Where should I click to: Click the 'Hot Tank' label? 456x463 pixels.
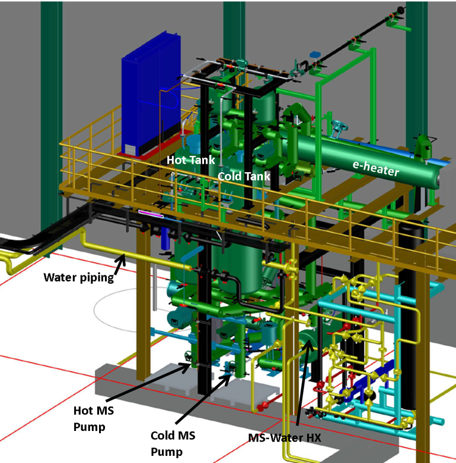(x=191, y=160)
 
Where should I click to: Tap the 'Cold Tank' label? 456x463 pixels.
(x=244, y=176)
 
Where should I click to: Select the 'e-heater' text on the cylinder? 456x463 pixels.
(x=376, y=169)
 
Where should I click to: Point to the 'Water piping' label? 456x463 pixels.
(x=78, y=278)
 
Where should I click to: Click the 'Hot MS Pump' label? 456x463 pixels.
(x=93, y=418)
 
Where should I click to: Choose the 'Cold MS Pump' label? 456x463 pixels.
(x=173, y=443)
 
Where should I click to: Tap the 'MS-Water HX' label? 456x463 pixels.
(x=285, y=437)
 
